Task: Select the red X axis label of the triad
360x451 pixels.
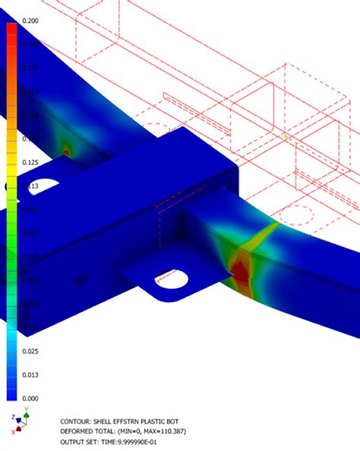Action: click(x=13, y=432)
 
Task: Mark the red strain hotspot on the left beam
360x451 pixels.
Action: click(x=67, y=150)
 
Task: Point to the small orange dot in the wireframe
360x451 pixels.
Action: click(x=284, y=135)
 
